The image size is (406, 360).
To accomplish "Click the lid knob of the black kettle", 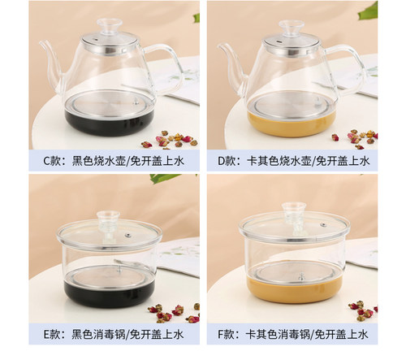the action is pos(110,26).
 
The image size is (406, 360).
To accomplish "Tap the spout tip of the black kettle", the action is pos(41,42).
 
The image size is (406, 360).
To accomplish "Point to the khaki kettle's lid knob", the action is pos(292,28).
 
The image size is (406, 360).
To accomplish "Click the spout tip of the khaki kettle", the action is pos(219,46).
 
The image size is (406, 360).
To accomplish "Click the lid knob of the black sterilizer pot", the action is pos(108,220).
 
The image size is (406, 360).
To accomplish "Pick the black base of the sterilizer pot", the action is pos(109,294).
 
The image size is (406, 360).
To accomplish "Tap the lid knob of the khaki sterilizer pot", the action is pos(293,210).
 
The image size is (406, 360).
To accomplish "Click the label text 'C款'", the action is pos(51,161).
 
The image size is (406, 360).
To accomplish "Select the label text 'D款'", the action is pos(227,161).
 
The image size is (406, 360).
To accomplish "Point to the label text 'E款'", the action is pos(51,335).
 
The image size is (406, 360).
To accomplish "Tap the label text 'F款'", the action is pos(226,335).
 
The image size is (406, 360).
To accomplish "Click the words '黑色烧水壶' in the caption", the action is pos(98,161).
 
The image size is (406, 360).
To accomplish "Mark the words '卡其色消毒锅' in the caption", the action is pos(278,335).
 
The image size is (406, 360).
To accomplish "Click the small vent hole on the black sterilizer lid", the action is pos(127,235).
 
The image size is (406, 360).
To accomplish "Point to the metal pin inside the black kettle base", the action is pos(136,102).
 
